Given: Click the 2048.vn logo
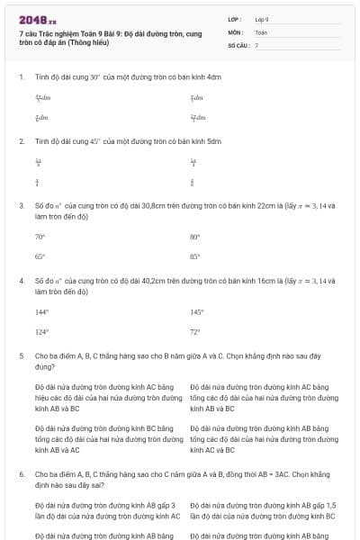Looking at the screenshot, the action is click(37, 19).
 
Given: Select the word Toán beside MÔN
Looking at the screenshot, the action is click(261, 31).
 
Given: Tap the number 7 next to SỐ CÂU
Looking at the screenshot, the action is click(256, 44).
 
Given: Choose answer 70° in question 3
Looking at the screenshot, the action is click(40, 238).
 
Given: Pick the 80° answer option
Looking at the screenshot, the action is click(194, 238).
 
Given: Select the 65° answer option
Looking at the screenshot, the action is click(40, 256).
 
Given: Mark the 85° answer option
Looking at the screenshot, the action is click(194, 256).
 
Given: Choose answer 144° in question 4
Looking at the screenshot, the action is click(41, 312).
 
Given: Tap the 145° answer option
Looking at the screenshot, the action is click(196, 312).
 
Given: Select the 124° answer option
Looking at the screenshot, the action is click(41, 331).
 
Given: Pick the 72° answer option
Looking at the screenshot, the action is click(194, 331).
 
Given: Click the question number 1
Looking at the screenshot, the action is click(21, 77).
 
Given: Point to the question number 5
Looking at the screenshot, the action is click(21, 355).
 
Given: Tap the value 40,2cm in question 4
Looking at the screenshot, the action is click(157, 281).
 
